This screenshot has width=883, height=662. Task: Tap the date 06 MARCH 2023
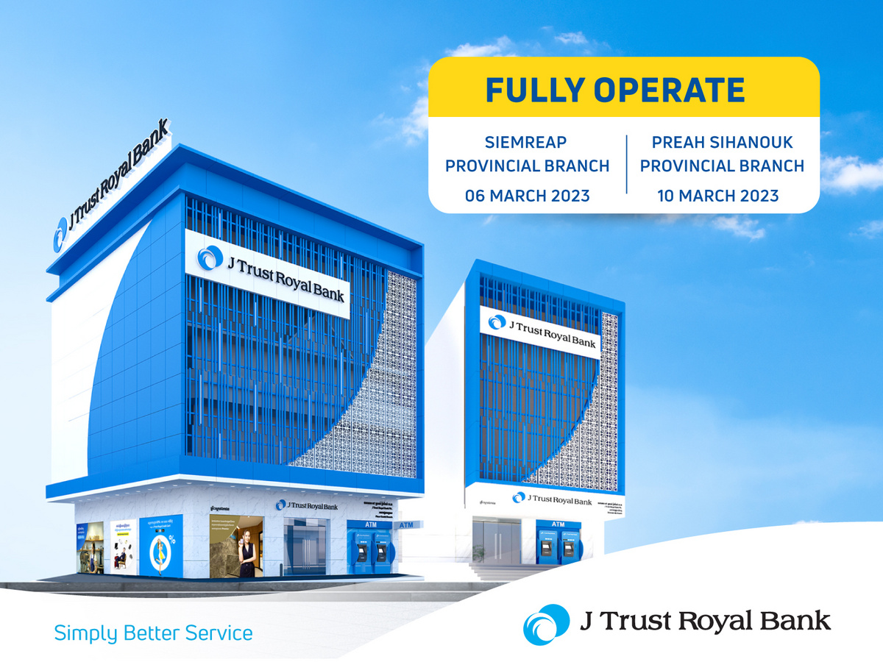(x=527, y=196)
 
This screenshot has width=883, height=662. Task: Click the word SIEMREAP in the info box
(x=527, y=142)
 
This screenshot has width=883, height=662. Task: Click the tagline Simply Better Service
(x=153, y=633)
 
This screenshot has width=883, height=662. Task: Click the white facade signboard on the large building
(x=266, y=274)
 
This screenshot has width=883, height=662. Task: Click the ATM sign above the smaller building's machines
(x=558, y=524)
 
